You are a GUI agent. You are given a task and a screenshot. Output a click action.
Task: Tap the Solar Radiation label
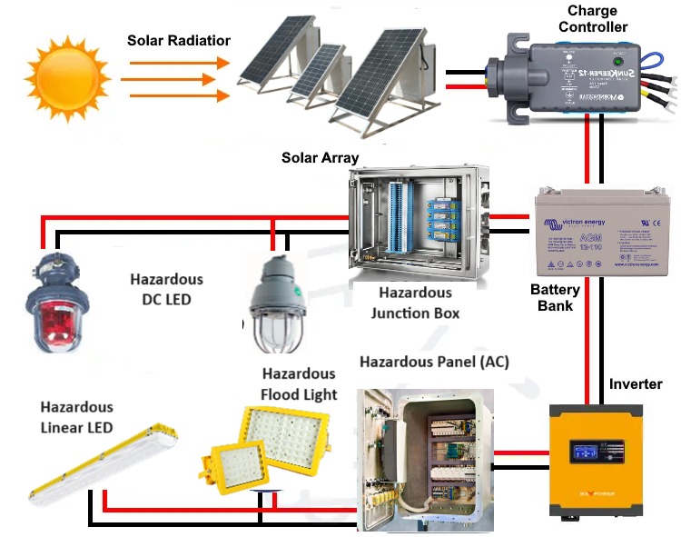click(x=179, y=41)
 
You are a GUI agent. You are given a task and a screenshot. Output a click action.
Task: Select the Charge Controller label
click(x=592, y=19)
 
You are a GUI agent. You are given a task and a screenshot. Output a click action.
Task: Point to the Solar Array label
click(x=320, y=158)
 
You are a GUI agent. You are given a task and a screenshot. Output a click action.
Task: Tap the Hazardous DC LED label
click(x=166, y=290)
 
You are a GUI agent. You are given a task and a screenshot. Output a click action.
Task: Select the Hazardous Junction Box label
click(x=415, y=303)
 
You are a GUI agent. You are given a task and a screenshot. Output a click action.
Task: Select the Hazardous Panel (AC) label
click(x=434, y=362)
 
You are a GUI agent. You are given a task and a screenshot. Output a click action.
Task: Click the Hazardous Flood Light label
click(x=299, y=384)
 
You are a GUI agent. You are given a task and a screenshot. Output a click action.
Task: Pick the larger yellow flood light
click(x=281, y=439)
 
